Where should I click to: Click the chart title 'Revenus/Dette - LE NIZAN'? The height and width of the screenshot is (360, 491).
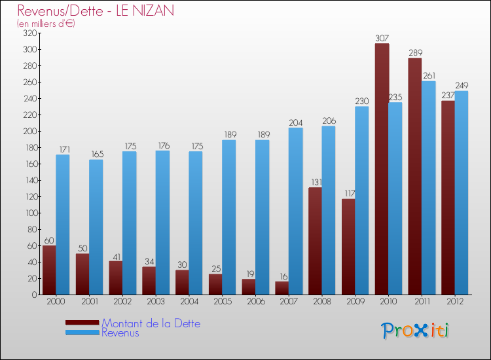pos(96,11)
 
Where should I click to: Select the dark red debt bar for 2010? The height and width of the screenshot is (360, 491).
pos(382,169)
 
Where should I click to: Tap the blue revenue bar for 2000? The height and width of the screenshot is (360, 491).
pos(63,225)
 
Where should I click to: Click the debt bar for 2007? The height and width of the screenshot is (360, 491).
pos(282,288)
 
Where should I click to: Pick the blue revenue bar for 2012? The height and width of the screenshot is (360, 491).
pos(462,192)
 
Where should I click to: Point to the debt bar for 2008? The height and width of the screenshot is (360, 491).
pos(316,241)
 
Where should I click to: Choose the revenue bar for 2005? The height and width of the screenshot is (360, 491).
pos(228,217)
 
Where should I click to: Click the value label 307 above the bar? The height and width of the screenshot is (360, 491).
pos(382,39)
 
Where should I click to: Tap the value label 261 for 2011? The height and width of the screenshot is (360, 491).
pos(429,76)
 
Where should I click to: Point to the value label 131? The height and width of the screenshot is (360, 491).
pos(316,183)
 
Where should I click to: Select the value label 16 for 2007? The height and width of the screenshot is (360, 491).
pos(282,276)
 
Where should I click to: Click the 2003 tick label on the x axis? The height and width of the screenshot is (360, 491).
pos(156,302)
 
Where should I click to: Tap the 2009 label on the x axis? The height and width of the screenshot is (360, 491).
pos(355,302)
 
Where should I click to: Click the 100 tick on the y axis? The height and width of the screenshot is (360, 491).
pos(31,213)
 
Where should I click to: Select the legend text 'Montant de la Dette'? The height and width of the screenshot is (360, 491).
pos(151,323)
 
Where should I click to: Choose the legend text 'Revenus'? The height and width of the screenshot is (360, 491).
pos(120,333)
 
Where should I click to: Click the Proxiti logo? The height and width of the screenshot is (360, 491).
pos(416,331)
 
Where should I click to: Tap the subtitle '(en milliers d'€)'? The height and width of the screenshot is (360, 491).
pos(46,24)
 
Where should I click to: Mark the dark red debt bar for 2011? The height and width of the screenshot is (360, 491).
pos(415,176)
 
